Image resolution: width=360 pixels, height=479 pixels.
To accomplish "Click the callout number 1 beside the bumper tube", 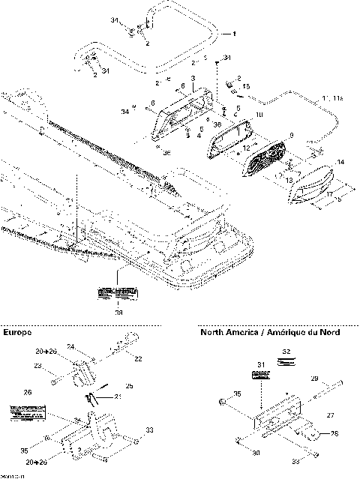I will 233,34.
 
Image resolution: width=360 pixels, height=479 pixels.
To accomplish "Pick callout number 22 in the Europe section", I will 137,360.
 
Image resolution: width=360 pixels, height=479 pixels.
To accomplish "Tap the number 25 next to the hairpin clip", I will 128,386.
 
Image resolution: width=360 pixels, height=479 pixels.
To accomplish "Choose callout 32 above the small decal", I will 285,350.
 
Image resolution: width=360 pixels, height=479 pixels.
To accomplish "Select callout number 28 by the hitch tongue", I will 334,433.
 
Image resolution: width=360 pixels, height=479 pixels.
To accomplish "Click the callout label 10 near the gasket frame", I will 259,115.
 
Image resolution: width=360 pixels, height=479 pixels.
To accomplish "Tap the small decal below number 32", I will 285,361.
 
